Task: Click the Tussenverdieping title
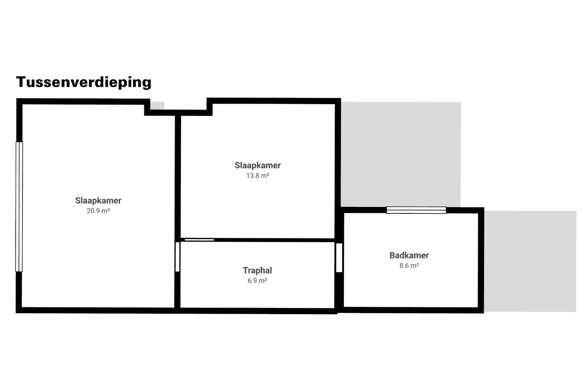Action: click(83, 82)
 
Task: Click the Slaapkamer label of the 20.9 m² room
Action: click(98, 200)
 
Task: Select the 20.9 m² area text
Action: click(98, 211)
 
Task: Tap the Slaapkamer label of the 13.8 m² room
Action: click(258, 165)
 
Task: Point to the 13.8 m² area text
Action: click(258, 176)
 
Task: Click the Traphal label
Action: click(257, 270)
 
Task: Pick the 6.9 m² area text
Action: click(257, 281)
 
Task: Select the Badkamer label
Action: click(409, 255)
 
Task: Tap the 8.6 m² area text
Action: click(409, 266)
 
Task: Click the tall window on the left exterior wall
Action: click(19, 206)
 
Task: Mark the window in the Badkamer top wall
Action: click(416, 210)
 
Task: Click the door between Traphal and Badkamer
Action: click(339, 257)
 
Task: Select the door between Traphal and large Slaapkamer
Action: click(177, 257)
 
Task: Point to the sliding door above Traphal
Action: click(199, 240)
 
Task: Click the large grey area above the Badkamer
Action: click(400, 154)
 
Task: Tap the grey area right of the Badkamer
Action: click(530, 261)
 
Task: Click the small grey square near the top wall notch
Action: click(157, 105)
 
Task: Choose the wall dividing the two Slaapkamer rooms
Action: click(177, 174)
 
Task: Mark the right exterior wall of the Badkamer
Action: click(481, 260)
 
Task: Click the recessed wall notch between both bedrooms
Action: click(178, 112)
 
